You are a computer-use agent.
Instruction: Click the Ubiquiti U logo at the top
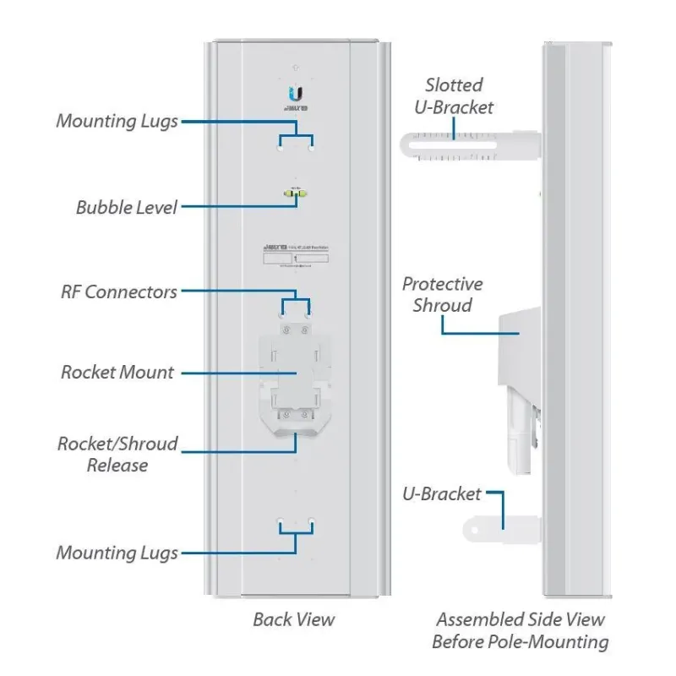(x=296, y=94)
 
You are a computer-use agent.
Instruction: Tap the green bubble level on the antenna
(x=296, y=194)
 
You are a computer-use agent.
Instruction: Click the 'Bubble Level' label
(x=127, y=207)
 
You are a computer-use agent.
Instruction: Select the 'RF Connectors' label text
(x=119, y=292)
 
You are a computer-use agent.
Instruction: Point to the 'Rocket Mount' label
(x=117, y=373)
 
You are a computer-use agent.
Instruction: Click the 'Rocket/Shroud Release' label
(x=117, y=454)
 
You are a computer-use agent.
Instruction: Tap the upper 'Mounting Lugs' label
(x=117, y=121)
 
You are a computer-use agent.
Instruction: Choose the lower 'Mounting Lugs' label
(x=117, y=553)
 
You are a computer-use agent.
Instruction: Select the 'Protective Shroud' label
(x=442, y=294)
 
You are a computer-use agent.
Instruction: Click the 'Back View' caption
(x=293, y=619)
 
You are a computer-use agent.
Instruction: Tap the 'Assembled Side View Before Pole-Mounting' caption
(x=521, y=630)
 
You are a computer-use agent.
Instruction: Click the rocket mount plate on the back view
(x=296, y=372)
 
